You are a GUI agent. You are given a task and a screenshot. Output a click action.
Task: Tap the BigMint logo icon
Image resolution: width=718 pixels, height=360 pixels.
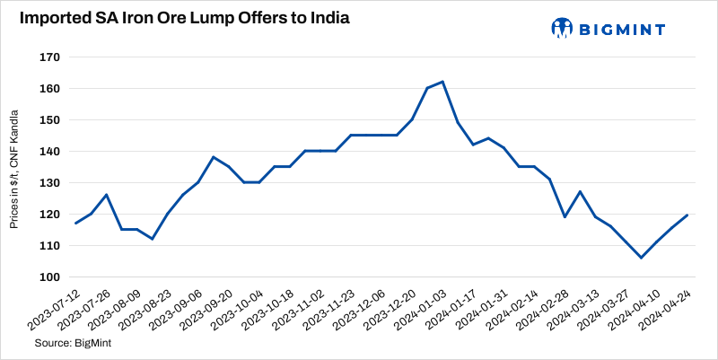562,29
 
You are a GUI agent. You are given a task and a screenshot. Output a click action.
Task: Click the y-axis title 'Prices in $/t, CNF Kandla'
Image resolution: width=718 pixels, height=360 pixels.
15,166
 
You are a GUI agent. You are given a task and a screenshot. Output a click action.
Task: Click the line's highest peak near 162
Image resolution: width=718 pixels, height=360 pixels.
443,82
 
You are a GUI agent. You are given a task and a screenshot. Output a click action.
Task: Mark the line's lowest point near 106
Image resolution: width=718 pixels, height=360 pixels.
642,258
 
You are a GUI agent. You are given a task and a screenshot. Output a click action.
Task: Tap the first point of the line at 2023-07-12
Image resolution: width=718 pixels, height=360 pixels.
76,223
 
